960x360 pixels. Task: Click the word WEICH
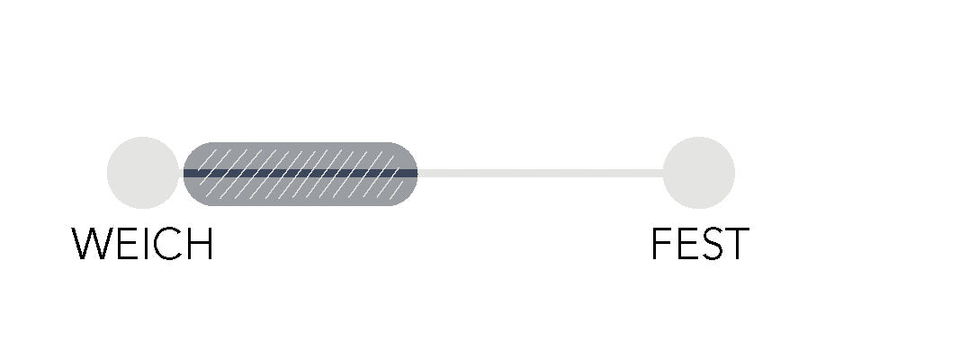tap(142, 244)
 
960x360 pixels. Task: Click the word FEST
tap(700, 244)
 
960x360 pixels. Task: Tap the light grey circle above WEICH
tap(143, 173)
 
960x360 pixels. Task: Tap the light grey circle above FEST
tap(698, 173)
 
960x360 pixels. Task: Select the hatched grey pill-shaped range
tap(301, 174)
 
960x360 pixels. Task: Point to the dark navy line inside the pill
tap(301, 174)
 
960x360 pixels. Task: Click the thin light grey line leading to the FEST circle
tap(541, 174)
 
